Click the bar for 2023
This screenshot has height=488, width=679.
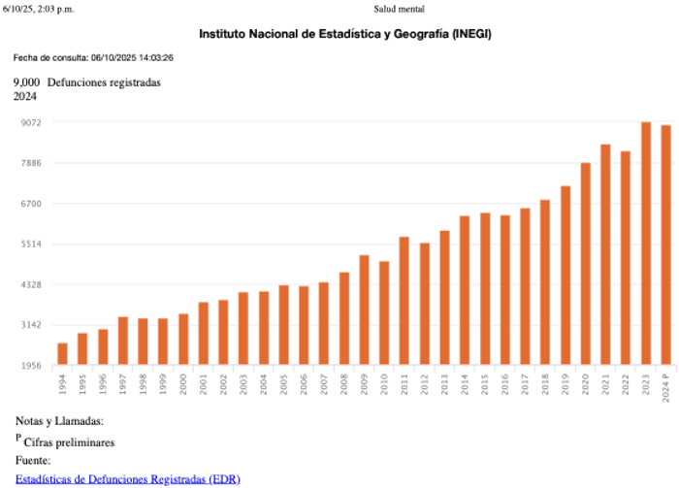(x=645, y=244)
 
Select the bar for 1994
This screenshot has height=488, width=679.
(x=62, y=354)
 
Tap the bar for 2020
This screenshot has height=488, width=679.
(x=585, y=264)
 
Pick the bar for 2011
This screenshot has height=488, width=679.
(x=404, y=301)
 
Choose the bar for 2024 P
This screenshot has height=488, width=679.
(x=665, y=245)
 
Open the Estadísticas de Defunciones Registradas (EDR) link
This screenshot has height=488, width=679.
(x=128, y=478)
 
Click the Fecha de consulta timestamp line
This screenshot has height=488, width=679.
(x=93, y=58)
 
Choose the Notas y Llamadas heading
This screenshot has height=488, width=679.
(x=59, y=421)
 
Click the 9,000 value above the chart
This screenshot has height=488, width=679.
(x=26, y=82)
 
